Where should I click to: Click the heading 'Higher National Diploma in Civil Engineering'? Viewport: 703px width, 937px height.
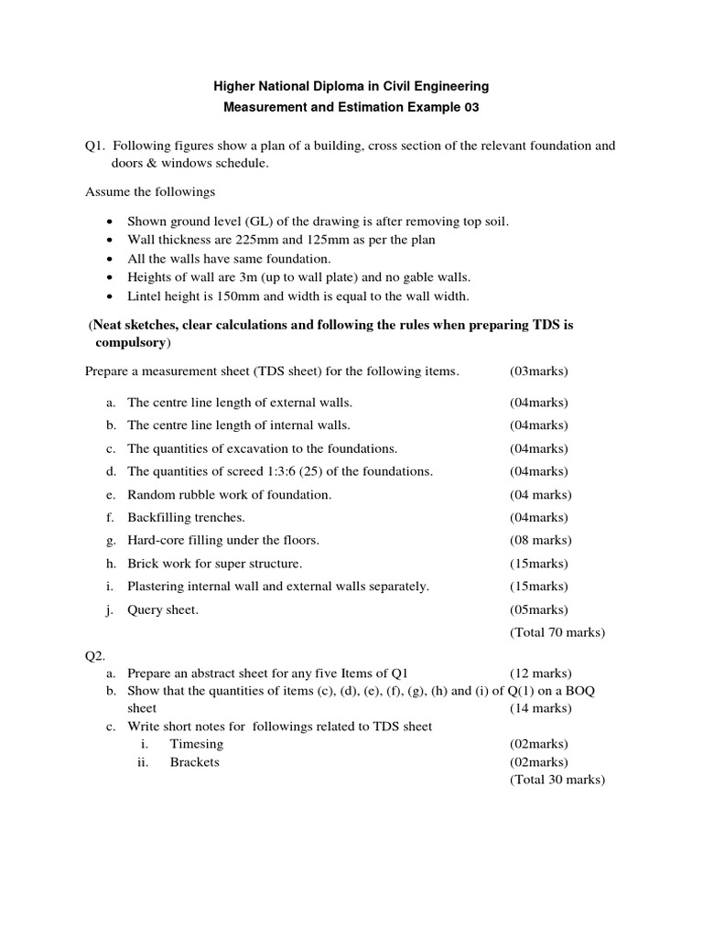(351, 86)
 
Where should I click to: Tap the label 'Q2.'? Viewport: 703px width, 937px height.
(96, 656)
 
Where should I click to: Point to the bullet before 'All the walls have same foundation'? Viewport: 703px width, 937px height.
(110, 259)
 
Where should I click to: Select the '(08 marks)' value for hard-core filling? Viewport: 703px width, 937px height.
(540, 540)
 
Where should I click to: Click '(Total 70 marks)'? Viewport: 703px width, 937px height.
(557, 632)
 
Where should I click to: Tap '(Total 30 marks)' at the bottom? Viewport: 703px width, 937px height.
(557, 780)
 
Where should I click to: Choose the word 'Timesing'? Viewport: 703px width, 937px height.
(196, 744)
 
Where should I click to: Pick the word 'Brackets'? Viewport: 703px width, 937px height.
(194, 761)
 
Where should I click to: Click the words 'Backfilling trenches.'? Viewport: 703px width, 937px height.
(186, 517)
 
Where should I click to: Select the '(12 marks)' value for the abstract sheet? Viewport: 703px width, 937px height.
(540, 673)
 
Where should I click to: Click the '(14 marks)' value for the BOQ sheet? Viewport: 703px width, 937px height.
(540, 708)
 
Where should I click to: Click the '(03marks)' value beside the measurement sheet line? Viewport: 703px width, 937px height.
(538, 372)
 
